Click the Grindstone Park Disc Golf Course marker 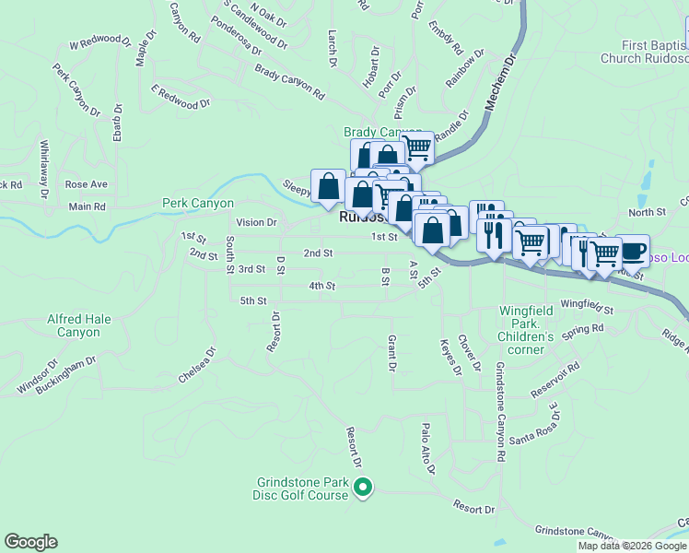pyautogui.click(x=363, y=487)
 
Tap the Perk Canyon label pyautogui.click(x=198, y=203)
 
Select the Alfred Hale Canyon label pyautogui.click(x=79, y=325)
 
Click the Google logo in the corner pyautogui.click(x=30, y=542)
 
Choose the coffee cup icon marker pyautogui.click(x=634, y=250)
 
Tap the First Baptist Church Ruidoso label pyautogui.click(x=642, y=52)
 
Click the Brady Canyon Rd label pyautogui.click(x=290, y=81)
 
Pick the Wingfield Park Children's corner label pyautogui.click(x=526, y=324)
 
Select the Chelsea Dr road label pyautogui.click(x=196, y=365)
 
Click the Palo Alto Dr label pyautogui.click(x=426, y=449)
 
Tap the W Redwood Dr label pyautogui.click(x=100, y=42)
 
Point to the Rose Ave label pyautogui.click(x=87, y=184)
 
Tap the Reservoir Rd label pyautogui.click(x=555, y=379)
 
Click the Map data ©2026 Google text pyautogui.click(x=632, y=546)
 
